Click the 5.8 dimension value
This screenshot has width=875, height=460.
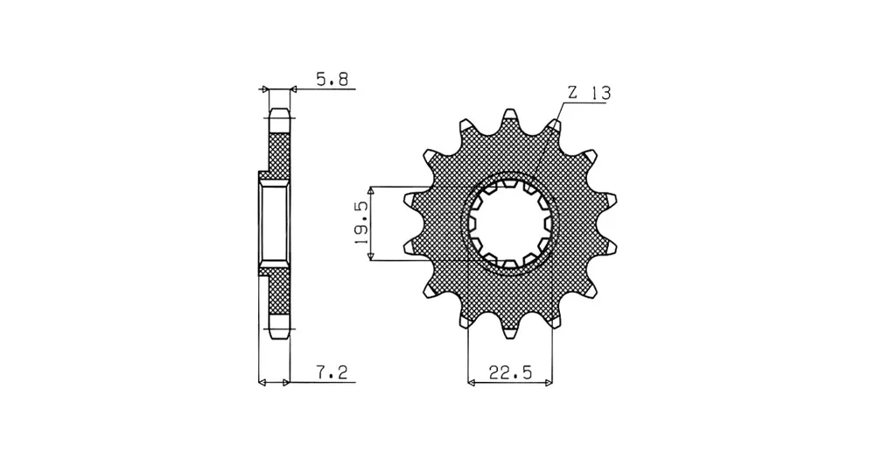click(x=332, y=80)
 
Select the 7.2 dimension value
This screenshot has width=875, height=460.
click(x=332, y=372)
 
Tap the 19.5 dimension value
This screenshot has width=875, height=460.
click(x=361, y=223)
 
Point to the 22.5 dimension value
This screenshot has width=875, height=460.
click(x=511, y=372)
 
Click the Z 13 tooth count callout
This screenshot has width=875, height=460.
click(x=589, y=93)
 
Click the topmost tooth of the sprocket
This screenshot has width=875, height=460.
click(x=509, y=118)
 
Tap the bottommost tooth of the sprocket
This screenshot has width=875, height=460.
click(x=510, y=329)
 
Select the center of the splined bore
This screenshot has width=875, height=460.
click(x=510, y=223)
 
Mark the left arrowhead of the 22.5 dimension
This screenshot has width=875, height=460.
click(x=472, y=383)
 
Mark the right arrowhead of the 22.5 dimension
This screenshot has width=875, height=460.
click(x=549, y=383)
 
